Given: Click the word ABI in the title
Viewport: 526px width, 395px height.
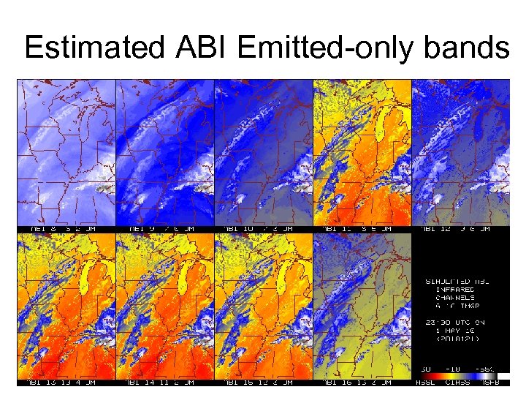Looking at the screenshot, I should click(203, 48).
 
